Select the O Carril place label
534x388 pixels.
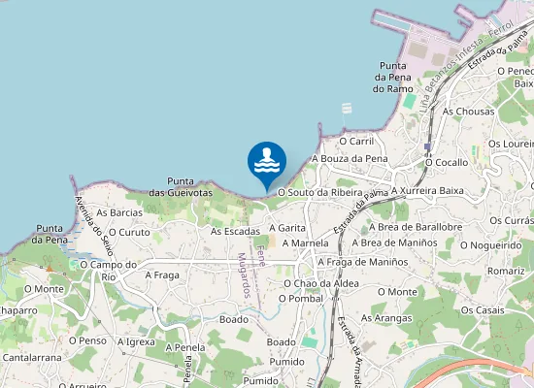(356, 141)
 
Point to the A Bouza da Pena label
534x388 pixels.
(350, 158)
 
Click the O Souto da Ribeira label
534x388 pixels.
(319, 193)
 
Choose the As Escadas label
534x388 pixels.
(235, 232)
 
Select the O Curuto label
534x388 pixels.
(129, 233)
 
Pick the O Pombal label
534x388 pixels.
(300, 298)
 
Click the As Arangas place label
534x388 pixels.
(386, 317)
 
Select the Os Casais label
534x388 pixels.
(483, 309)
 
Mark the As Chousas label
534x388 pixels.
(468, 112)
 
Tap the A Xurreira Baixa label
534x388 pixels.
(426, 190)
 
